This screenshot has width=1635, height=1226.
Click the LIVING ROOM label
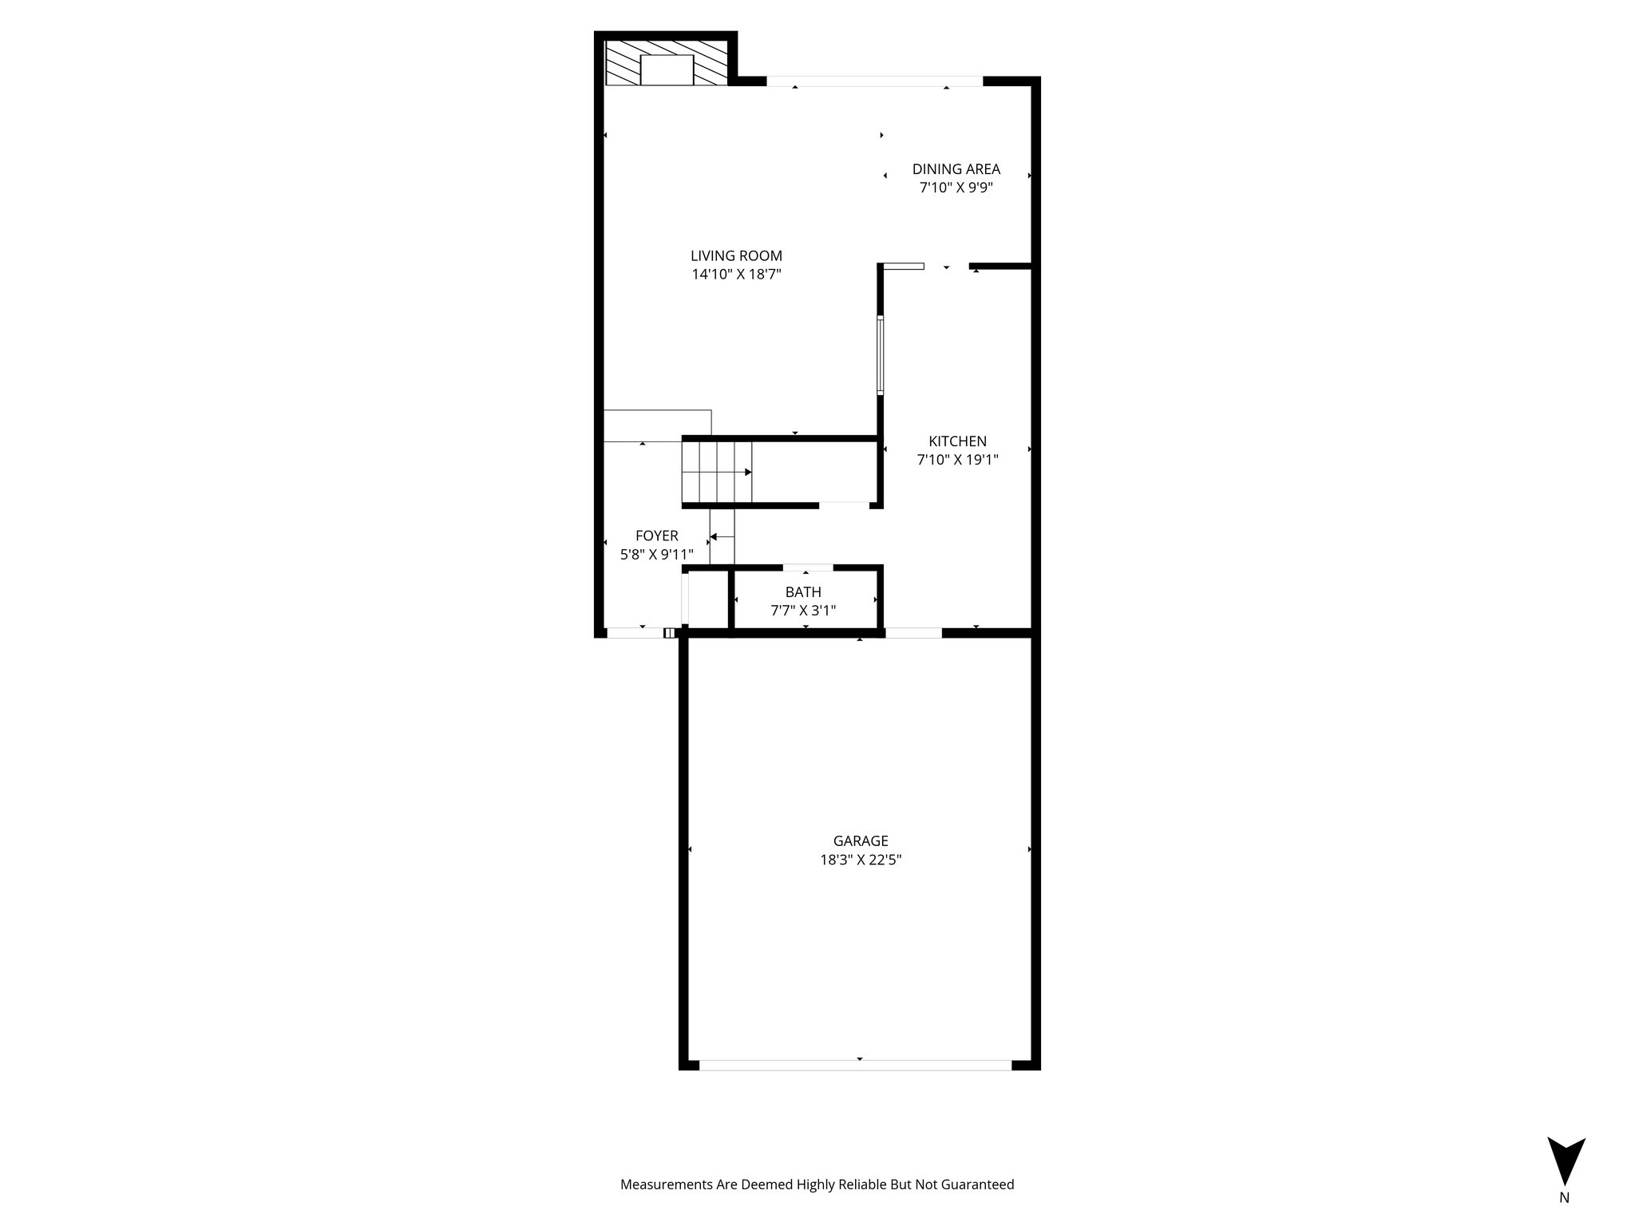pyautogui.click(x=736, y=256)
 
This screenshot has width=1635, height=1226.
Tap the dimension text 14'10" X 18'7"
pyautogui.click(x=736, y=275)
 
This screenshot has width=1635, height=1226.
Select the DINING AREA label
pyautogui.click(x=956, y=169)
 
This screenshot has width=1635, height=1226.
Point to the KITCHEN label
pyautogui.click(x=957, y=441)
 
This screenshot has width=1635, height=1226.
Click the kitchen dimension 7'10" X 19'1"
pyautogui.click(x=957, y=460)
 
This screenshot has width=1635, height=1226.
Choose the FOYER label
pyautogui.click(x=656, y=536)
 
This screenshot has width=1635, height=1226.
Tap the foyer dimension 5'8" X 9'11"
pyautogui.click(x=656, y=554)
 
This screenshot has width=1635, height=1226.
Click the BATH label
pyautogui.click(x=802, y=592)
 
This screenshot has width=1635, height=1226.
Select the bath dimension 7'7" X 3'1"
pyautogui.click(x=802, y=611)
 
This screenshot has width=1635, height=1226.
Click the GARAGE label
pyautogui.click(x=860, y=840)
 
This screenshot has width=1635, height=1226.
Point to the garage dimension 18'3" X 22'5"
pyautogui.click(x=860, y=860)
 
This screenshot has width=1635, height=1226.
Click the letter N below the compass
pyautogui.click(x=1564, y=1219)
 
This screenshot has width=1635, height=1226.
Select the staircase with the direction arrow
pyautogui.click(x=717, y=472)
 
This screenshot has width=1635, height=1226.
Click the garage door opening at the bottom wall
pyautogui.click(x=855, y=1065)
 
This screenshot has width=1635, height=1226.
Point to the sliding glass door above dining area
pyautogui.click(x=874, y=81)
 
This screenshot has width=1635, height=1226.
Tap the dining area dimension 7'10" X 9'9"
pyautogui.click(x=956, y=188)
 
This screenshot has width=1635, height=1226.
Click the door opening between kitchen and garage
pyautogui.click(x=913, y=633)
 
